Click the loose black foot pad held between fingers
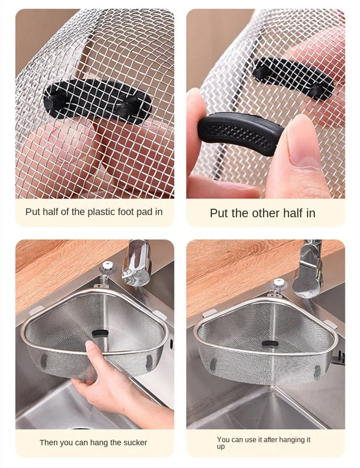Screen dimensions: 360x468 [240, 134]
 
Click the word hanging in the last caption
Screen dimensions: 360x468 [286, 440]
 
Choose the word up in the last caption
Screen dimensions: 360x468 [220, 447]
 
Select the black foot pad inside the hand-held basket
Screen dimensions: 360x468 [100, 332]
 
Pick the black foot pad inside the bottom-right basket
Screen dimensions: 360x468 [270, 344]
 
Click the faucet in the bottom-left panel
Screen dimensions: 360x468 [136, 263]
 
